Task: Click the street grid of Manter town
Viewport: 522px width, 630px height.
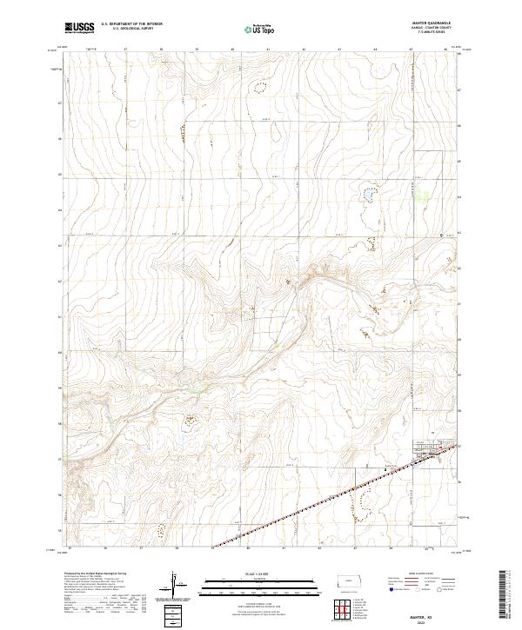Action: tap(431, 452)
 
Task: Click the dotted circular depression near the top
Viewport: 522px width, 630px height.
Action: tap(258, 85)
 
